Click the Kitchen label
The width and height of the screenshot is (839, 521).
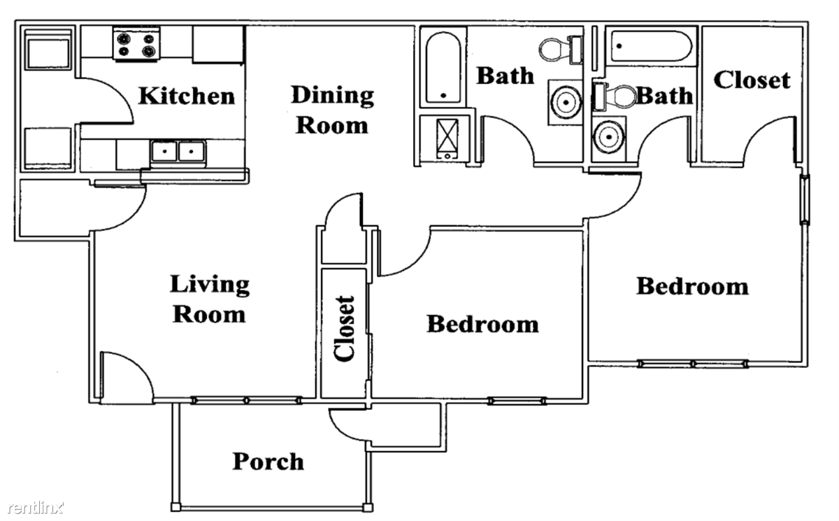(x=186, y=95)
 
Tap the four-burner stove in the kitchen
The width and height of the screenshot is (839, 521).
(x=136, y=45)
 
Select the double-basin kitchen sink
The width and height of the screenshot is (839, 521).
(x=178, y=152)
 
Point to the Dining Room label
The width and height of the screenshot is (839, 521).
(x=332, y=110)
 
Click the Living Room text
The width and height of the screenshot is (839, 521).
(x=210, y=299)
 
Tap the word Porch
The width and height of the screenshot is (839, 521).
(x=268, y=462)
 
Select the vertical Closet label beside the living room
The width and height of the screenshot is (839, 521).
(x=344, y=329)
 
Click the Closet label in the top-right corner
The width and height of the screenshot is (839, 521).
(x=752, y=80)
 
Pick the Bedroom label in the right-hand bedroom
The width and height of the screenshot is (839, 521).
(x=691, y=286)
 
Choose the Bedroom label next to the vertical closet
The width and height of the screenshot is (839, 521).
(x=482, y=324)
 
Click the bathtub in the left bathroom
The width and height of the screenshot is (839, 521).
(x=443, y=67)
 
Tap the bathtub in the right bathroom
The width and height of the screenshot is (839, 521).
(x=650, y=46)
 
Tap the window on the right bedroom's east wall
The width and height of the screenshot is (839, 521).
(x=805, y=199)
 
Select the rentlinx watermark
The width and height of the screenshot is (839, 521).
(x=33, y=506)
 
